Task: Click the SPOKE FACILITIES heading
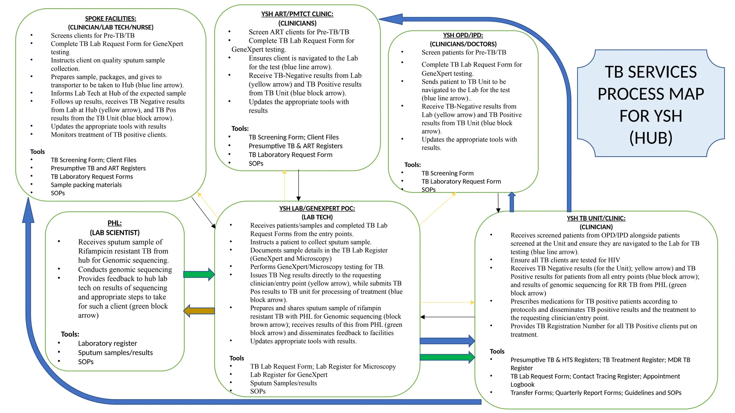point(111,19)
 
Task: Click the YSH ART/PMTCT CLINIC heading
point(297,14)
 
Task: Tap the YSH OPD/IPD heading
point(463,35)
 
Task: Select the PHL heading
point(114,223)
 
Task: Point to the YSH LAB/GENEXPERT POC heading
point(317,208)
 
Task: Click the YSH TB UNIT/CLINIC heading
point(596,218)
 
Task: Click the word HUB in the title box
point(651,138)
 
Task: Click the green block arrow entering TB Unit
point(447,357)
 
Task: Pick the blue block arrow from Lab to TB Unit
point(447,341)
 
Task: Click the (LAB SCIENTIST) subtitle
point(114,232)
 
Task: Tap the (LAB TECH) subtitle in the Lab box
point(317,217)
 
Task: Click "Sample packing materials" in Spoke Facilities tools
point(86,185)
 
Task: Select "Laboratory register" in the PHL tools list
point(107,343)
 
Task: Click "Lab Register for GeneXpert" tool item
point(289,375)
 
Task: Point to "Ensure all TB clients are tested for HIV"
point(565,260)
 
